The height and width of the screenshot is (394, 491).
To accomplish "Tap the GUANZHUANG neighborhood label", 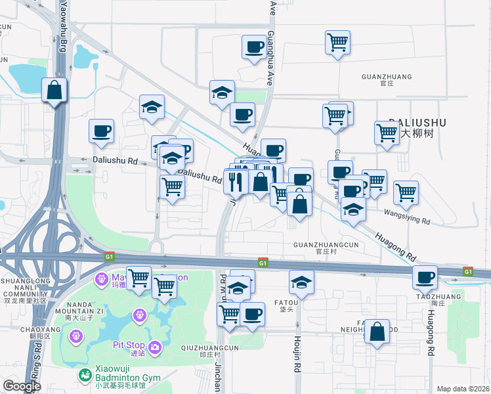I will point(387,77).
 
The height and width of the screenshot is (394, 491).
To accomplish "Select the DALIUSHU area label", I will point(417,123).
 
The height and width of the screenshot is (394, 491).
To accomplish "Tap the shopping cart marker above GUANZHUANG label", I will point(337,43).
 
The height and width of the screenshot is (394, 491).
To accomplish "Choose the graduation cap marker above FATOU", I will point(301,282).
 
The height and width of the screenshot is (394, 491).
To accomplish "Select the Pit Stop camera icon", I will point(155,346).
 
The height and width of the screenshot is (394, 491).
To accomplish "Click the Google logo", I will point(22,386).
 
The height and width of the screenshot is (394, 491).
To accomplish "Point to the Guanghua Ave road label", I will point(270,43).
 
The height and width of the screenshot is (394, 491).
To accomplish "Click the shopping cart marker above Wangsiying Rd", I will point(406,192).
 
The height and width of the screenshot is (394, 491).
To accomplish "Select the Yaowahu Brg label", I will point(64,26).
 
